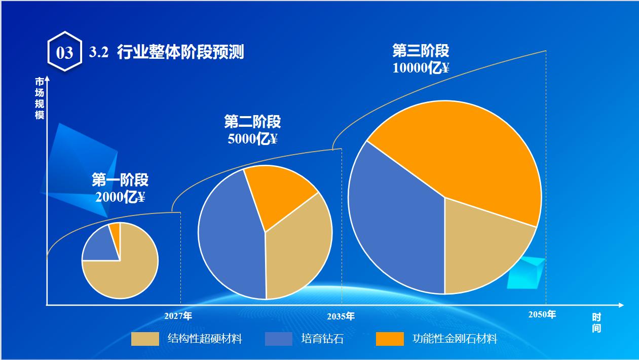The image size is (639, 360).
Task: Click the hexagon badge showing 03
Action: [x=64, y=52]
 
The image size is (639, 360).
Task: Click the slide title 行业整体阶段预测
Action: [x=180, y=52]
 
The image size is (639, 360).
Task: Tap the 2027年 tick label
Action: [x=178, y=316]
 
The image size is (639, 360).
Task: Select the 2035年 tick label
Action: [x=341, y=316]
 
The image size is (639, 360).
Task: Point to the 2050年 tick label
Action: [x=542, y=314]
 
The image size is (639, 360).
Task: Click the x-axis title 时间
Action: [x=596, y=322]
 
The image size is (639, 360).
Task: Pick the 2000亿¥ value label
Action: [x=120, y=197]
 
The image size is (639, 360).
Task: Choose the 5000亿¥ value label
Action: [x=252, y=138]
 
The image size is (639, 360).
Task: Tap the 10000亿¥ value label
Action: [x=421, y=67]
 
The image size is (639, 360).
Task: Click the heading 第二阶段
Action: [x=252, y=122]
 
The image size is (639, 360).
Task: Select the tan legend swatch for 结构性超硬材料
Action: [x=145, y=339]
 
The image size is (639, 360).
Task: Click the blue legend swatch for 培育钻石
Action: [x=279, y=339]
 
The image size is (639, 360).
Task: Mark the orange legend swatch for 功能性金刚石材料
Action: [x=390, y=339]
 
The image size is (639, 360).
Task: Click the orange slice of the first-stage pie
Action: [x=116, y=230]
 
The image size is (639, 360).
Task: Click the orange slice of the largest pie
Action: [x=456, y=152]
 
